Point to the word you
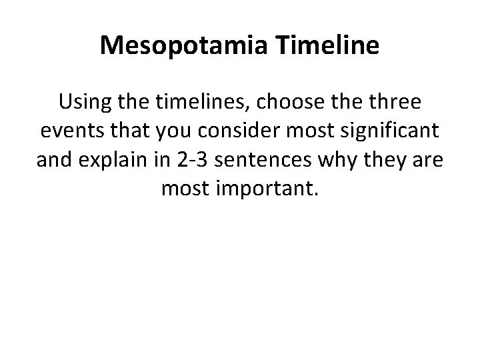pos(173,132)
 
